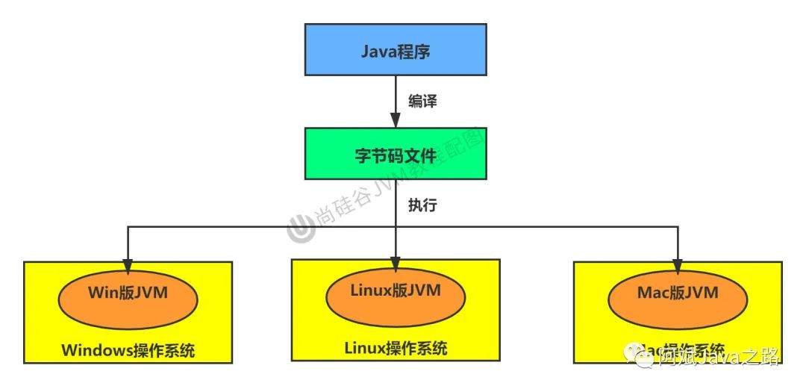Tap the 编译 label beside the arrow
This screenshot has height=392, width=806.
pyautogui.click(x=422, y=102)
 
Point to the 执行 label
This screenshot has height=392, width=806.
pyautogui.click(x=422, y=205)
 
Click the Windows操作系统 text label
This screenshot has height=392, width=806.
pyautogui.click(x=128, y=349)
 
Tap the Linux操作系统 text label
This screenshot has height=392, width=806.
pyautogui.click(x=396, y=348)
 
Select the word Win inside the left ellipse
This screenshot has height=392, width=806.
pyautogui.click(x=102, y=292)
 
